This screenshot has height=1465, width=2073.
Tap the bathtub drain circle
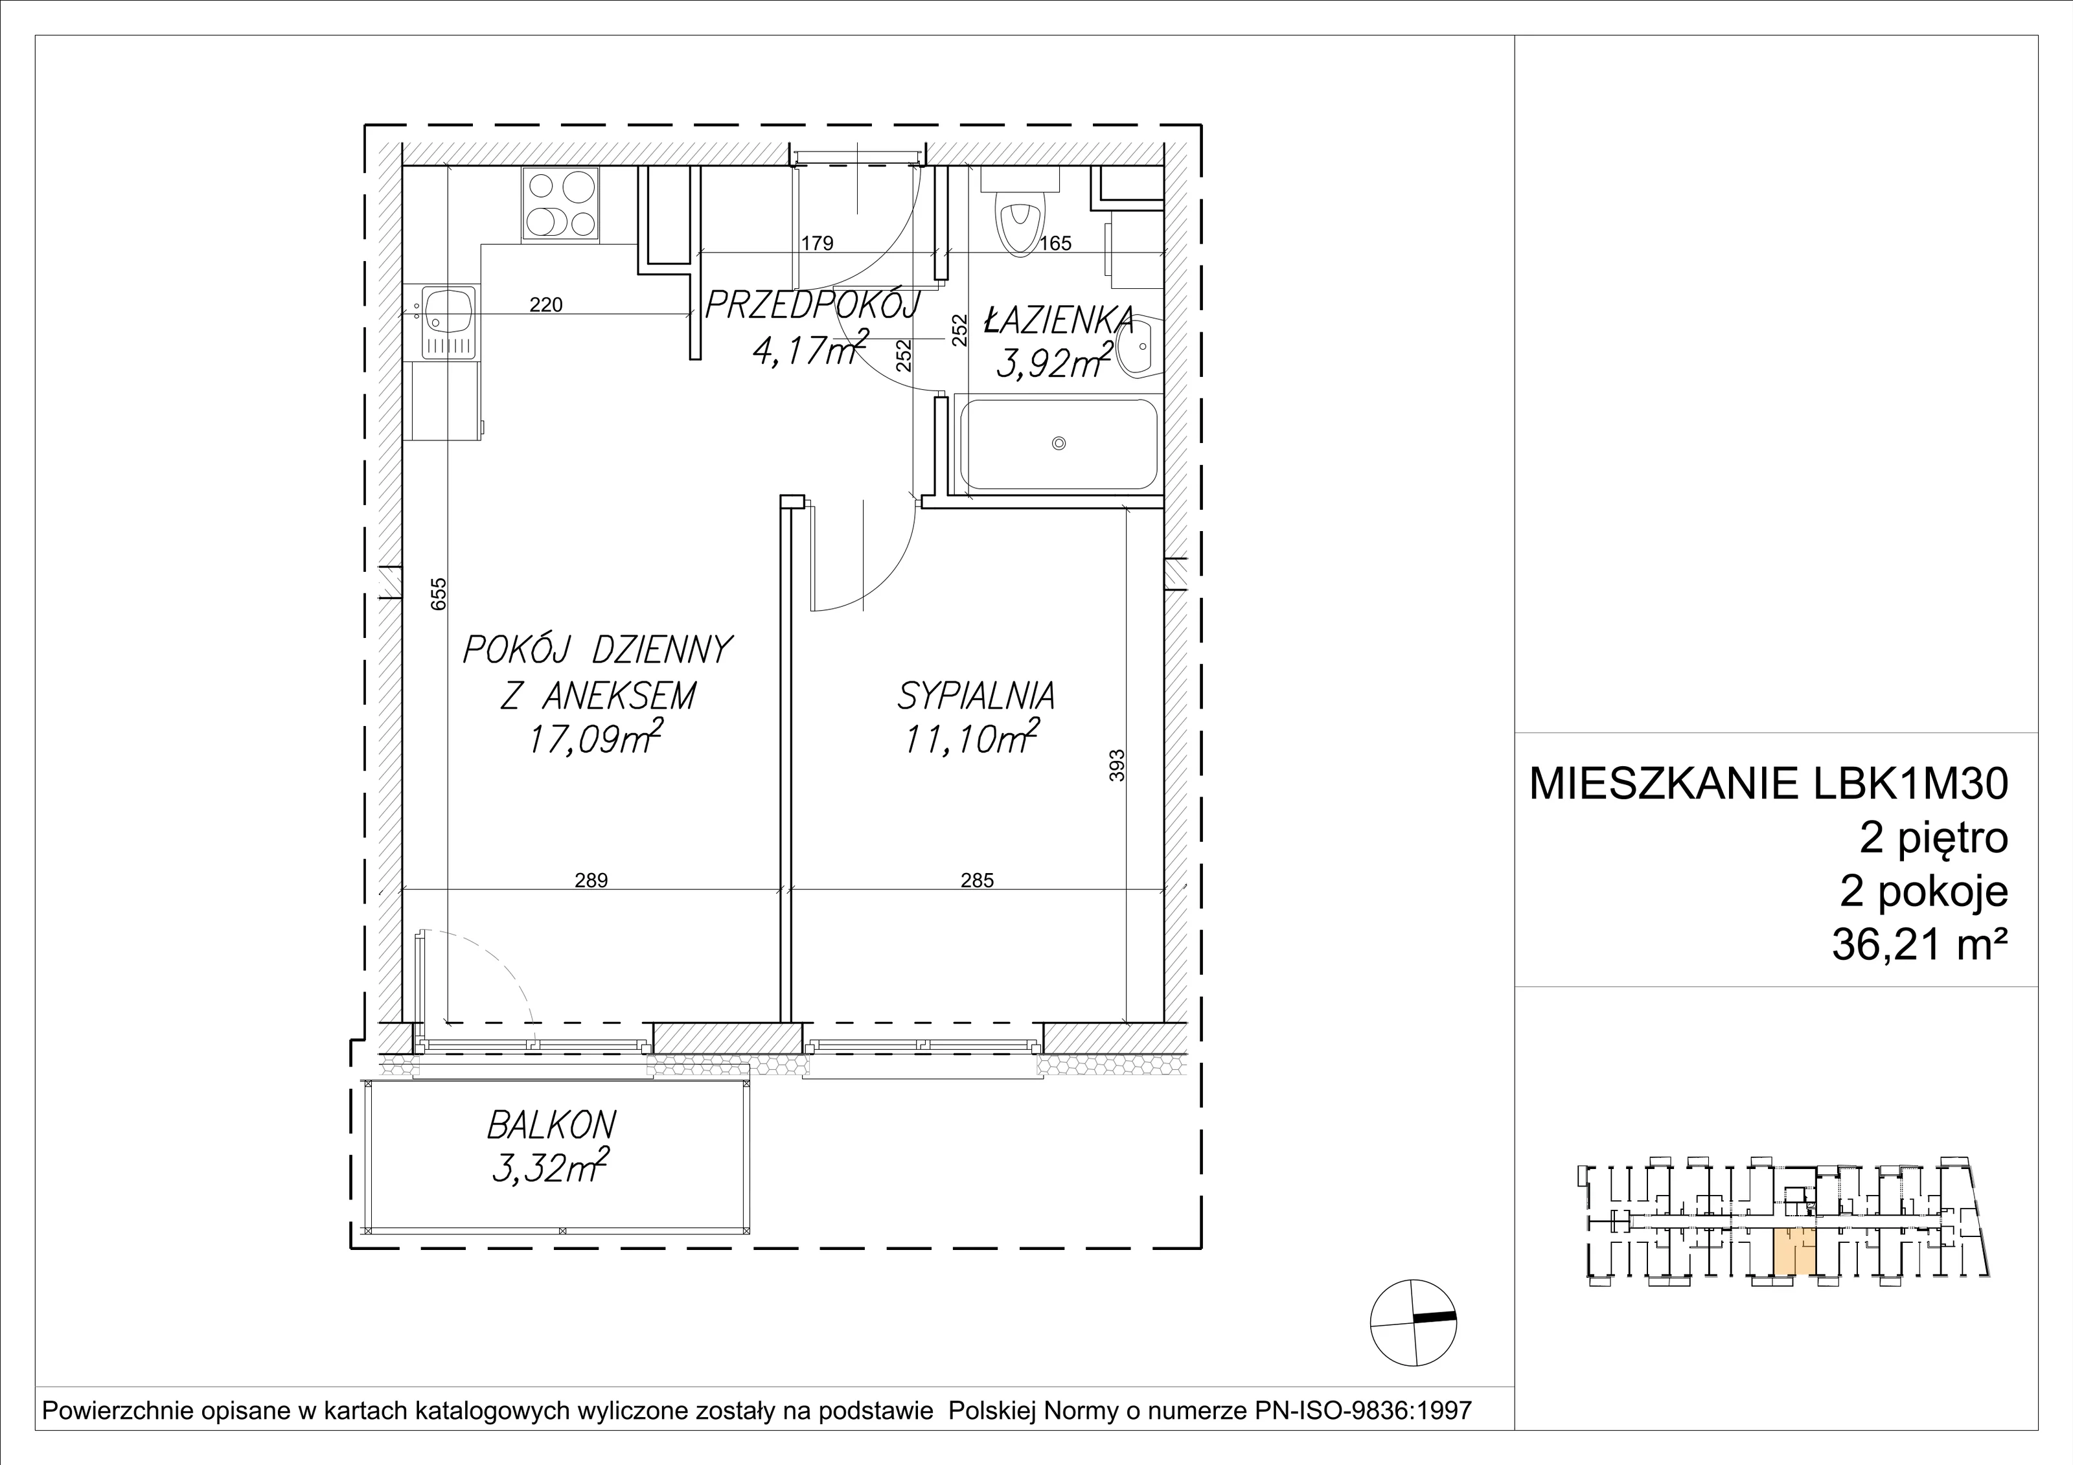(x=1059, y=443)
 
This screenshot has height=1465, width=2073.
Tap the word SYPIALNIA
(x=976, y=697)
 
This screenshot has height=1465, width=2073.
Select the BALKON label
(x=552, y=1126)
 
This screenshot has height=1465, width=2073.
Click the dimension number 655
(x=439, y=595)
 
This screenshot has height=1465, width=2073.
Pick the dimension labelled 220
(x=545, y=305)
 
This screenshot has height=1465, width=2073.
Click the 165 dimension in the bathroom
(x=1055, y=243)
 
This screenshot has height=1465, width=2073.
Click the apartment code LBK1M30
(x=1910, y=784)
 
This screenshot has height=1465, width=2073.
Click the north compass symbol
(x=1414, y=1323)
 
